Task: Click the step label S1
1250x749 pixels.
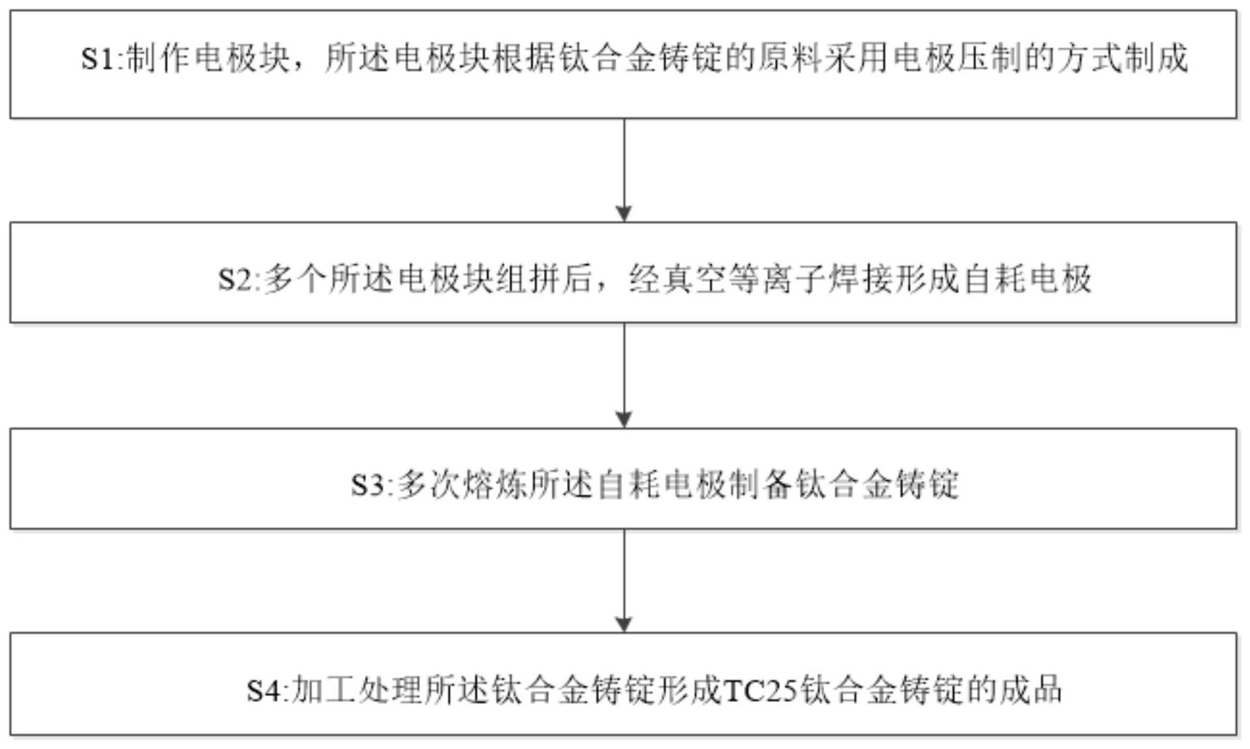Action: [x=98, y=59]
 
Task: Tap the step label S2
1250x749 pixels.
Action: [x=235, y=279]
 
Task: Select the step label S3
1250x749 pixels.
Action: [x=369, y=485]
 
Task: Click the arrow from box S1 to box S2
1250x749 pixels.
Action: [x=624, y=170]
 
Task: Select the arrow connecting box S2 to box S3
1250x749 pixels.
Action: [x=624, y=375]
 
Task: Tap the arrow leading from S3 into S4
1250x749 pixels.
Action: [x=624, y=581]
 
